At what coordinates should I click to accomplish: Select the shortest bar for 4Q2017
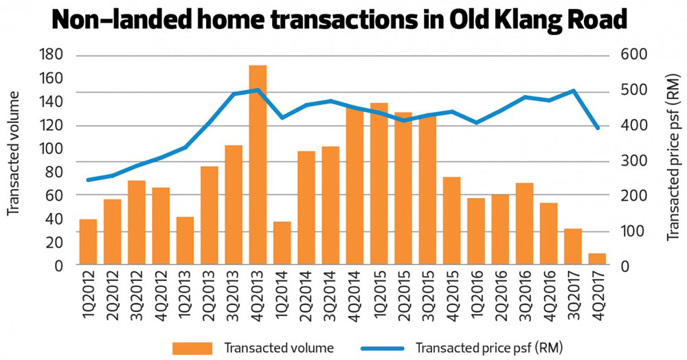click(x=598, y=259)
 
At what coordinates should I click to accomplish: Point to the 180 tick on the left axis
click(x=52, y=55)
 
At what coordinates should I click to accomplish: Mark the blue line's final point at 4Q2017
click(x=598, y=128)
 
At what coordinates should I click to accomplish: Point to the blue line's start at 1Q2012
click(x=88, y=180)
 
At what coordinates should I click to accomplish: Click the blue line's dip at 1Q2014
click(x=282, y=117)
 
